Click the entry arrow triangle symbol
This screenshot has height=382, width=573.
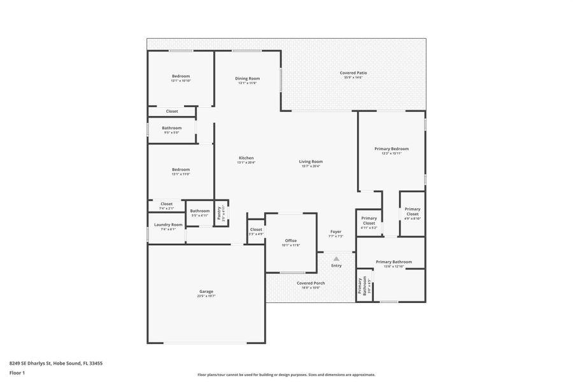pyautogui.click(x=336, y=258)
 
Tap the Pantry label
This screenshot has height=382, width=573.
pyautogui.click(x=219, y=212)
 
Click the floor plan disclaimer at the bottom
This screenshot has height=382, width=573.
pyautogui.click(x=286, y=375)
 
